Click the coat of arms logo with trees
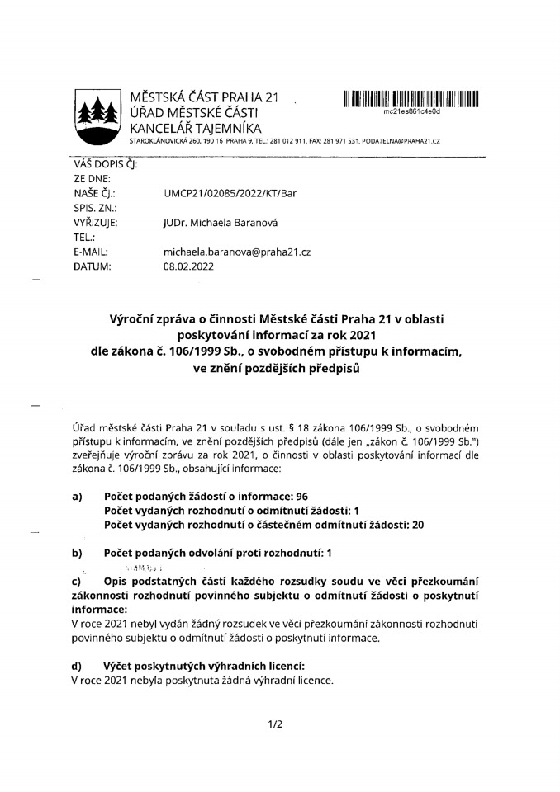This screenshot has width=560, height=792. point(98,116)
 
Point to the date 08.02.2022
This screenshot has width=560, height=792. point(188,267)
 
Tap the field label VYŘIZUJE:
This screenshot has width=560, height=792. point(96,223)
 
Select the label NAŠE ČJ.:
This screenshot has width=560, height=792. point(93,193)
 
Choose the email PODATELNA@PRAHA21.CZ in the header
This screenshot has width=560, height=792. point(401,142)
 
